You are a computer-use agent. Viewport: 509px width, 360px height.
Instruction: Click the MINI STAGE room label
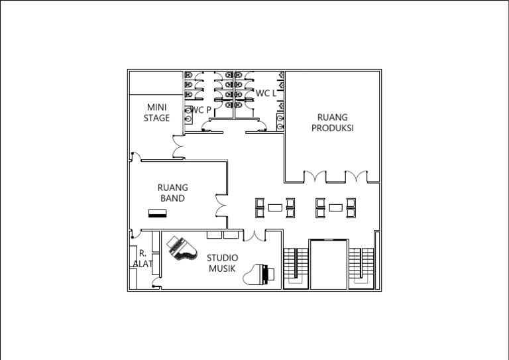tap(156, 112)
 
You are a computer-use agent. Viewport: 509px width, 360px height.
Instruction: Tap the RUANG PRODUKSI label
tap(333, 123)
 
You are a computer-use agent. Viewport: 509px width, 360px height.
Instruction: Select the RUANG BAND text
tap(173, 193)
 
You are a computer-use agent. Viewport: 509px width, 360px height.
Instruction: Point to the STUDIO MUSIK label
tap(223, 263)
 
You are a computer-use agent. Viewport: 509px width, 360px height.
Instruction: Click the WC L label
tap(266, 93)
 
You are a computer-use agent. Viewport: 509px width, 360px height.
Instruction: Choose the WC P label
tap(201, 110)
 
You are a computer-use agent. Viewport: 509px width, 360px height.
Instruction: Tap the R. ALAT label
tap(142, 259)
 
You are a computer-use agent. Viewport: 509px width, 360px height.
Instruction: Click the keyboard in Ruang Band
tap(158, 213)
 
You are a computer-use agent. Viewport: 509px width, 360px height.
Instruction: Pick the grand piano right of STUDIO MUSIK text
tap(258, 274)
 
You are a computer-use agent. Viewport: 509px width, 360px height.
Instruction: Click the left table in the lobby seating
tap(275, 208)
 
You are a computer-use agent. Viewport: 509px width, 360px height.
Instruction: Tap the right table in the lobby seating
tap(335, 208)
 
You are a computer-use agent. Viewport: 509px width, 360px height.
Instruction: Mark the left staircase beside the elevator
tap(296, 268)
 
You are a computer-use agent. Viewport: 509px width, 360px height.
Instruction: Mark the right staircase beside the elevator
tap(361, 268)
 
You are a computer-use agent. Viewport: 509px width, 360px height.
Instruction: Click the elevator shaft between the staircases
tap(329, 265)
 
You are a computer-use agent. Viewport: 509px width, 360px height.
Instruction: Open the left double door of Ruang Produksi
tap(315, 176)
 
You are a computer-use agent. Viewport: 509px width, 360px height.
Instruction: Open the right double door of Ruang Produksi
tap(356, 176)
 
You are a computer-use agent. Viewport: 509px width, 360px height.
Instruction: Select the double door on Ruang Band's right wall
tap(221, 206)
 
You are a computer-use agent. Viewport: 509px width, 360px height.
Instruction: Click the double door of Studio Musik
tap(254, 236)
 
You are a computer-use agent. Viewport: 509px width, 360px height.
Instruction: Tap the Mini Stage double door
tap(178, 147)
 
